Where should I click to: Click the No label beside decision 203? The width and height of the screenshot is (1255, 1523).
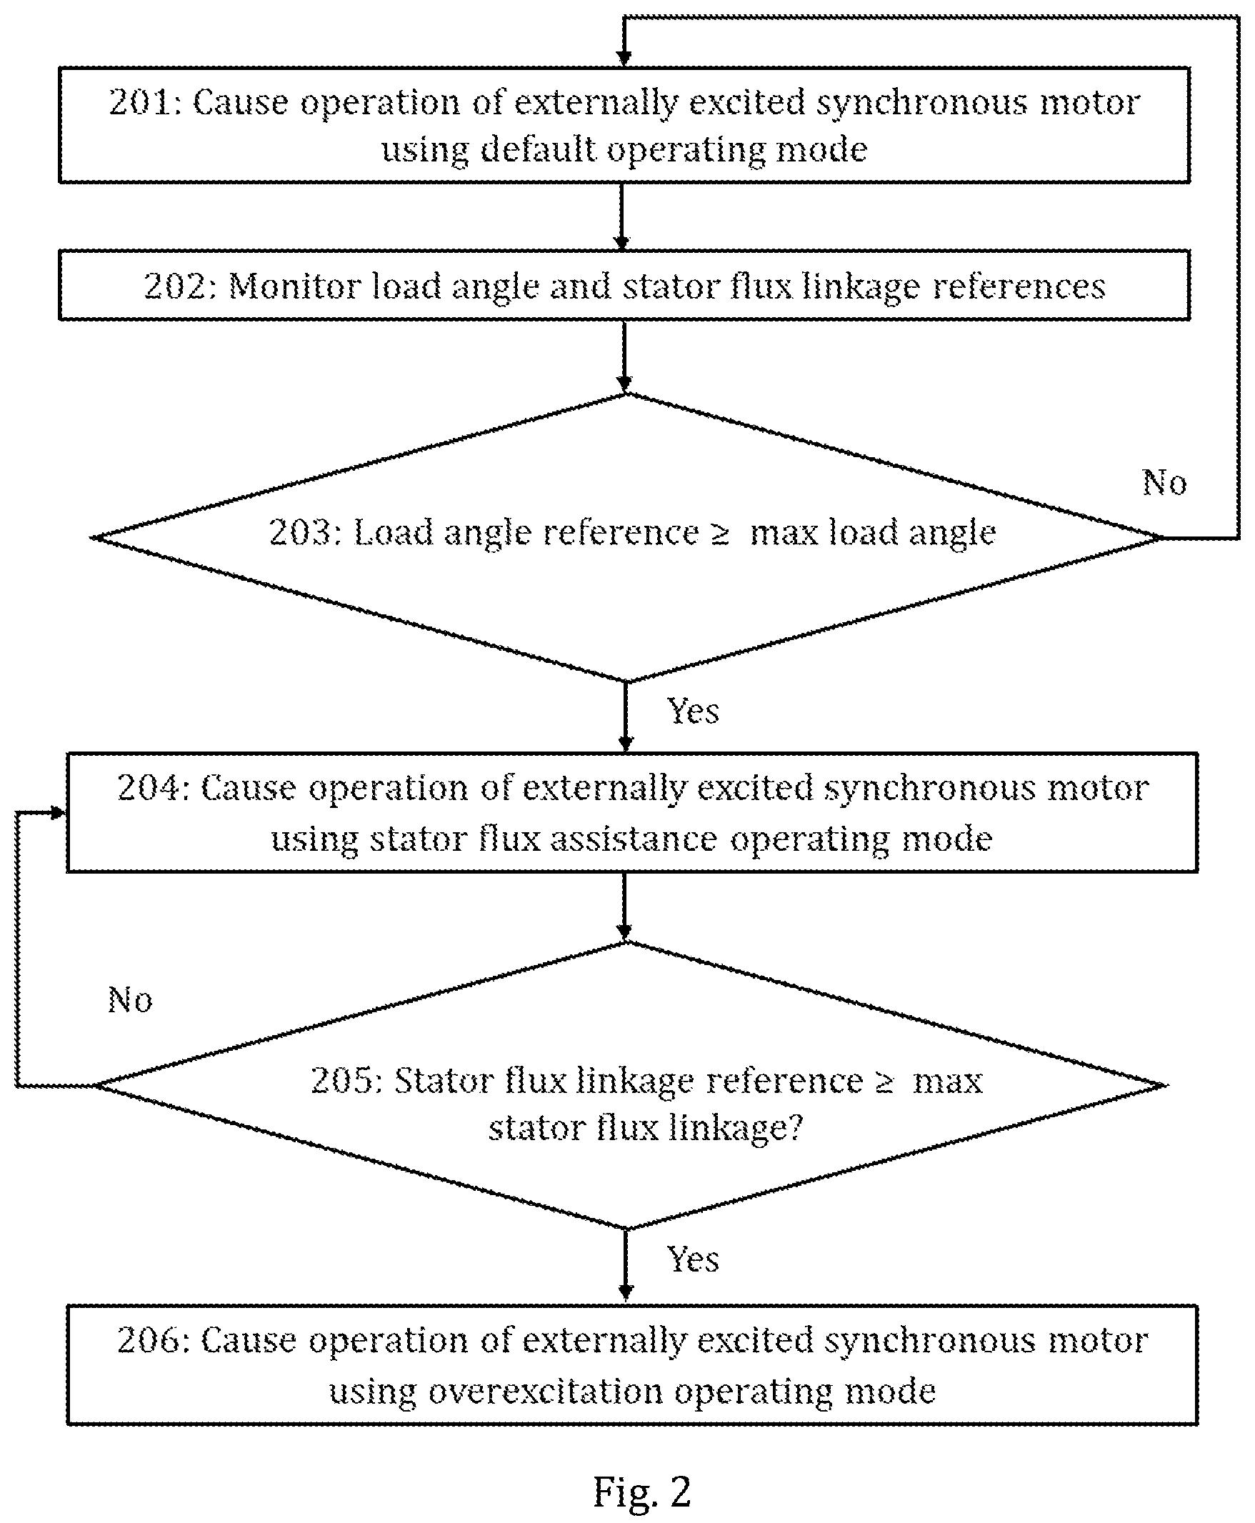tap(1164, 482)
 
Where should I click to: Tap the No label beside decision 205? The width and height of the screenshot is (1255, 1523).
tap(130, 1000)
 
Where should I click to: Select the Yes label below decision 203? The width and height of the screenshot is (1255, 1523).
tap(693, 711)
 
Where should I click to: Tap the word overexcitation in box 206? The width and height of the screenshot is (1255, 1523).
tap(545, 1392)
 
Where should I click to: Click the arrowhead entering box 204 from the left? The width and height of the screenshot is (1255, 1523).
tap(59, 813)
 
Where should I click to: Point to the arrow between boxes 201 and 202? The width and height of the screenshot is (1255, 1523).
tap(622, 216)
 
